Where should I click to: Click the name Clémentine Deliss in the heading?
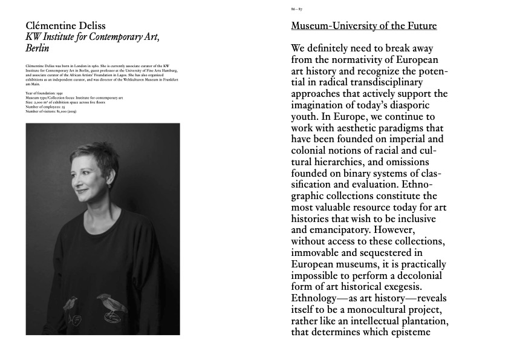click(66, 25)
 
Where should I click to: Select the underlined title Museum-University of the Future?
click(363, 26)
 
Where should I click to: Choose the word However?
click(423, 229)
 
